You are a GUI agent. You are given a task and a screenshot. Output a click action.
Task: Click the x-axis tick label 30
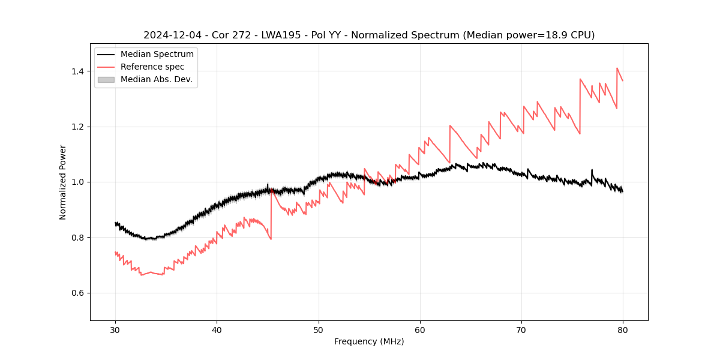point(115,329)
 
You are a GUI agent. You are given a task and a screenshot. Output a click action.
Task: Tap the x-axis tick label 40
point(217,329)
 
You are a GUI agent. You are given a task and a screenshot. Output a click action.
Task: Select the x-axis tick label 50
point(319,329)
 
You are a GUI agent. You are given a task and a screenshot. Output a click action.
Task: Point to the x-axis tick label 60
point(420,329)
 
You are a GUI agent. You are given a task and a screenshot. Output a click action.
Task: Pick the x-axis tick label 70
point(521,329)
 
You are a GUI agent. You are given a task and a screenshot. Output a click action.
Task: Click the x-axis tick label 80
point(623,329)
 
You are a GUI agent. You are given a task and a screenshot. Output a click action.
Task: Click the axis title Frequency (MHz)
point(369,341)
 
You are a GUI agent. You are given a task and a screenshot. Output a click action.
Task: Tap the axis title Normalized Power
point(63,182)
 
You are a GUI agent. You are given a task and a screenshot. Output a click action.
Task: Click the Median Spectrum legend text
point(157,55)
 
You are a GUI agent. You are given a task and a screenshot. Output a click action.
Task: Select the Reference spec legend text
point(152,67)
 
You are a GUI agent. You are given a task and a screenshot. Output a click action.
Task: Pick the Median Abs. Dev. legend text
point(156,79)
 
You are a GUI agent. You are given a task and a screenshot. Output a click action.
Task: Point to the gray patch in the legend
point(106,79)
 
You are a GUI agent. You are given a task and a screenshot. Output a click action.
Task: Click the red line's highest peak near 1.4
point(617,68)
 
